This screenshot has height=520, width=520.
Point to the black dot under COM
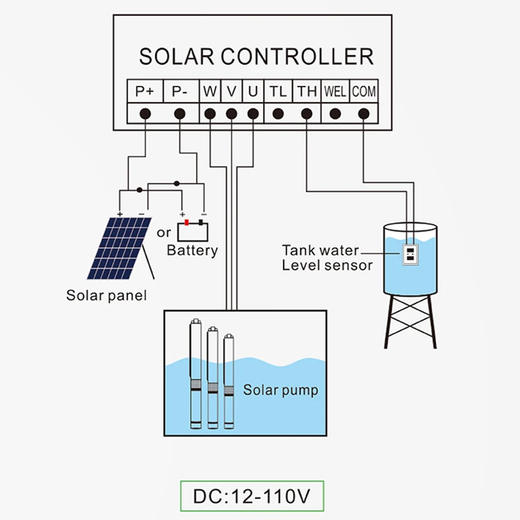pyautogui.click(x=364, y=114)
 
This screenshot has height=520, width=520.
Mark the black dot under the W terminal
pyautogui.click(x=209, y=114)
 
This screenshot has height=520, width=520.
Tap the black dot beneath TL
pyautogui.click(x=278, y=114)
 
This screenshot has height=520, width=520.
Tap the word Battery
pyautogui.click(x=192, y=250)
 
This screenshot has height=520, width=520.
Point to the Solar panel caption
pyautogui.click(x=107, y=296)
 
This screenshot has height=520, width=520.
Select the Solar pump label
pyautogui.click(x=281, y=391)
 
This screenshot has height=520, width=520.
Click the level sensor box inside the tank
pyautogui.click(x=410, y=254)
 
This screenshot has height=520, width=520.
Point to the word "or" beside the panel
pyautogui.click(x=164, y=232)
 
